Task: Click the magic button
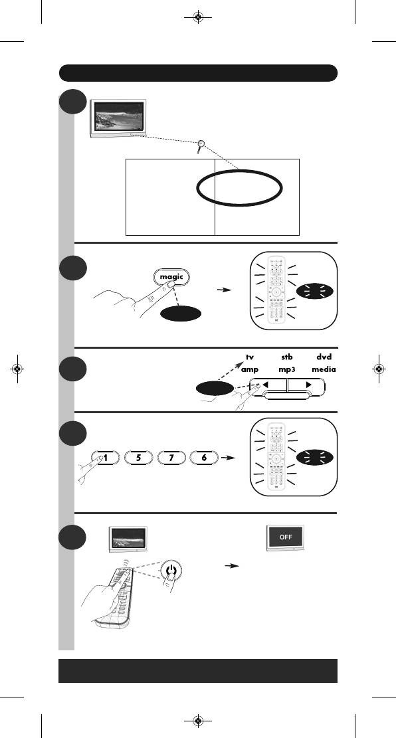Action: tap(171, 277)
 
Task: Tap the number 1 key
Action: tap(106, 458)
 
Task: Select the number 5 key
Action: tap(139, 458)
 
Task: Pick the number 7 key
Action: tap(171, 458)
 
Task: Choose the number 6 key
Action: tap(204, 458)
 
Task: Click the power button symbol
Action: tap(172, 572)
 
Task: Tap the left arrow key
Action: tap(268, 385)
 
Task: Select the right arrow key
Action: tap(306, 385)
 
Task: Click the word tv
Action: tap(250, 357)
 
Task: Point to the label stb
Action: tap(287, 357)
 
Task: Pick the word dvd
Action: tap(324, 357)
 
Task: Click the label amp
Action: tap(250, 370)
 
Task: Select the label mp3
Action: tap(287, 370)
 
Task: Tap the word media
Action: tap(324, 369)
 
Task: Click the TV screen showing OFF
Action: tap(285, 537)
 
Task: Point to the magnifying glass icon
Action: tap(201, 146)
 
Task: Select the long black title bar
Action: tap(198, 73)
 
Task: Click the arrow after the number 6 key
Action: tap(229, 458)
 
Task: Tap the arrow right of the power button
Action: tap(233, 566)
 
